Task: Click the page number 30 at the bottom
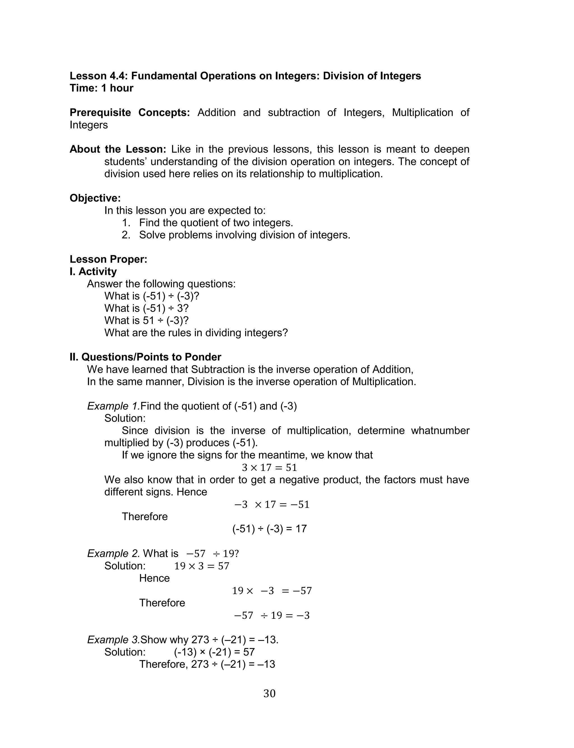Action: pos(269,693)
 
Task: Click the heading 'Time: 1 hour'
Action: pos(101,88)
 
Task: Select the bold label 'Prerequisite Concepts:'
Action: pos(129,112)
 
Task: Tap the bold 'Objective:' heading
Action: pos(95,198)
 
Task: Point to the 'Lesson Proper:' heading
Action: pos(108,259)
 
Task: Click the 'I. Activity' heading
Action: pos(93,272)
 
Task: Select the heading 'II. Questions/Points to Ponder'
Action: pos(145,357)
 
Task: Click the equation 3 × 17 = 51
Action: pos(269,467)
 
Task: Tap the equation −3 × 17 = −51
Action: pos(272,504)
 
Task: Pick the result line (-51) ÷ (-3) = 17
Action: pos(269,529)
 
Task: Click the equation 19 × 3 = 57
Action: pos(202,566)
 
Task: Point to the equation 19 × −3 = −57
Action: pos(272,590)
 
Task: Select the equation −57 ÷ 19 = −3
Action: pos(272,615)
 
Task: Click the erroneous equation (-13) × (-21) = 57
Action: pos(214,652)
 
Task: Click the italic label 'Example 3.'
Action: pos(114,640)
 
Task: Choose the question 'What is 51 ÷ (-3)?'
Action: pos(146,320)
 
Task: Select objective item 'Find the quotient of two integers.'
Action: pos(216,223)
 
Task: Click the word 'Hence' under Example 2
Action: pos(154,578)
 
